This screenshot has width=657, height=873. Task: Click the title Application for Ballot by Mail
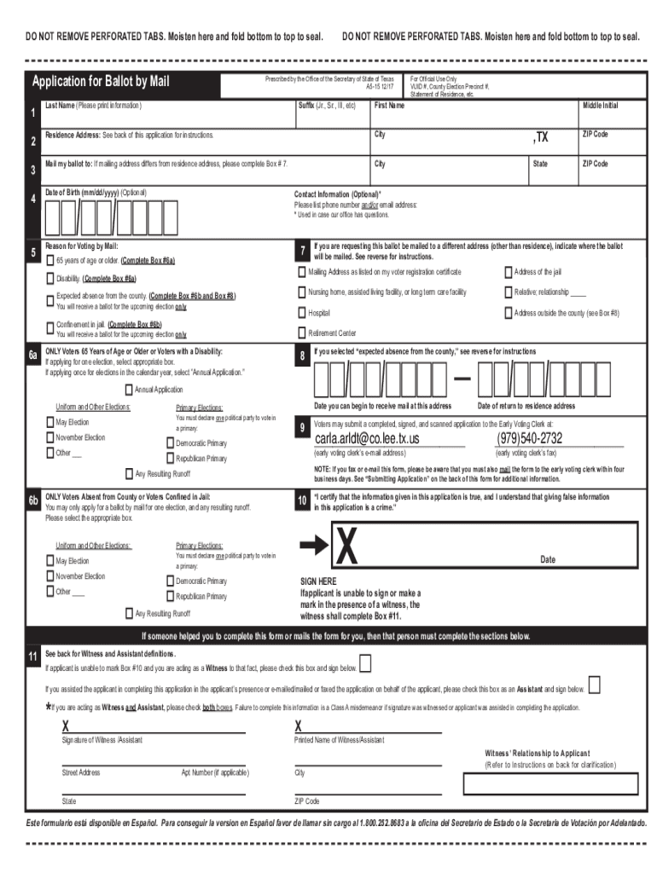[x=101, y=83]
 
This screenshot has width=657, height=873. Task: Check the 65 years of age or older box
[x=49, y=260]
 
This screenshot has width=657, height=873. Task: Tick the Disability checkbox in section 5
[x=49, y=279]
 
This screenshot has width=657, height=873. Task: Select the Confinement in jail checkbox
[x=49, y=326]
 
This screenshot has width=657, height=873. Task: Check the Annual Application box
[x=129, y=390]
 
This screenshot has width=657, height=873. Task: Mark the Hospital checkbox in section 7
[x=301, y=313]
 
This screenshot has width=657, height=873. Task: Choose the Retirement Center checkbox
[x=301, y=332]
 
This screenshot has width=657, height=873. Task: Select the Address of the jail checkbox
[x=509, y=272]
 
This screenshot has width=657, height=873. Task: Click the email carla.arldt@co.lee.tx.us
[x=368, y=439]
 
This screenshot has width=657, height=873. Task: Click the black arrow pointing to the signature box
[x=314, y=545]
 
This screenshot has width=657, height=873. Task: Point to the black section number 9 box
[x=301, y=429]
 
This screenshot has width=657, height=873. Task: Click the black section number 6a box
[x=33, y=355]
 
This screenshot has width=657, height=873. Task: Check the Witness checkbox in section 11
[x=365, y=664]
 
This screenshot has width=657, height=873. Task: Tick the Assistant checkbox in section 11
[x=594, y=685]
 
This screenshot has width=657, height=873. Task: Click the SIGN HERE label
[x=317, y=581]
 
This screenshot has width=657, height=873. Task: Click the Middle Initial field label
[x=600, y=106]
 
